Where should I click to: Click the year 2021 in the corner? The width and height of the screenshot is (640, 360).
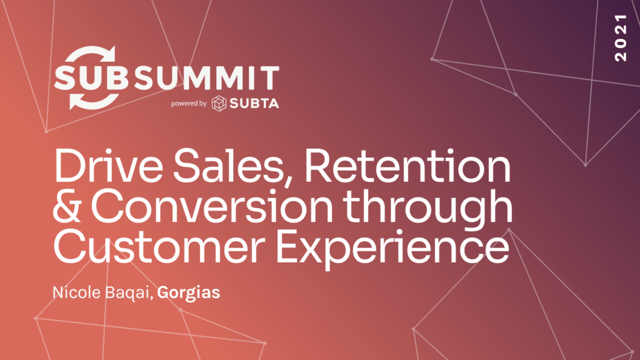click(621, 37)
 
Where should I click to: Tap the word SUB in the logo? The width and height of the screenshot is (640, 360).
click(91, 77)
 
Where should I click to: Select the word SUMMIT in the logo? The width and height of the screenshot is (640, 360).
click(206, 77)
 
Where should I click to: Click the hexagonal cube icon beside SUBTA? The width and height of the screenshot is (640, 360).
click(219, 104)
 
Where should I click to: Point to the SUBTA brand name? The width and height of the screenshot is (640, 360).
click(254, 104)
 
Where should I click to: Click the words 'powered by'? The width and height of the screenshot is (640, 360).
click(189, 104)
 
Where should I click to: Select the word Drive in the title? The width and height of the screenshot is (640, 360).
click(108, 166)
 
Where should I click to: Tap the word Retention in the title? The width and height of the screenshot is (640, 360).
click(407, 166)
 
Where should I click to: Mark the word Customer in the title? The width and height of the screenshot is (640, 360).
click(159, 246)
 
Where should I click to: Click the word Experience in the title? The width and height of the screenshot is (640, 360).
click(392, 249)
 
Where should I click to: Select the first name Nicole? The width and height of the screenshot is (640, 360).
click(77, 292)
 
